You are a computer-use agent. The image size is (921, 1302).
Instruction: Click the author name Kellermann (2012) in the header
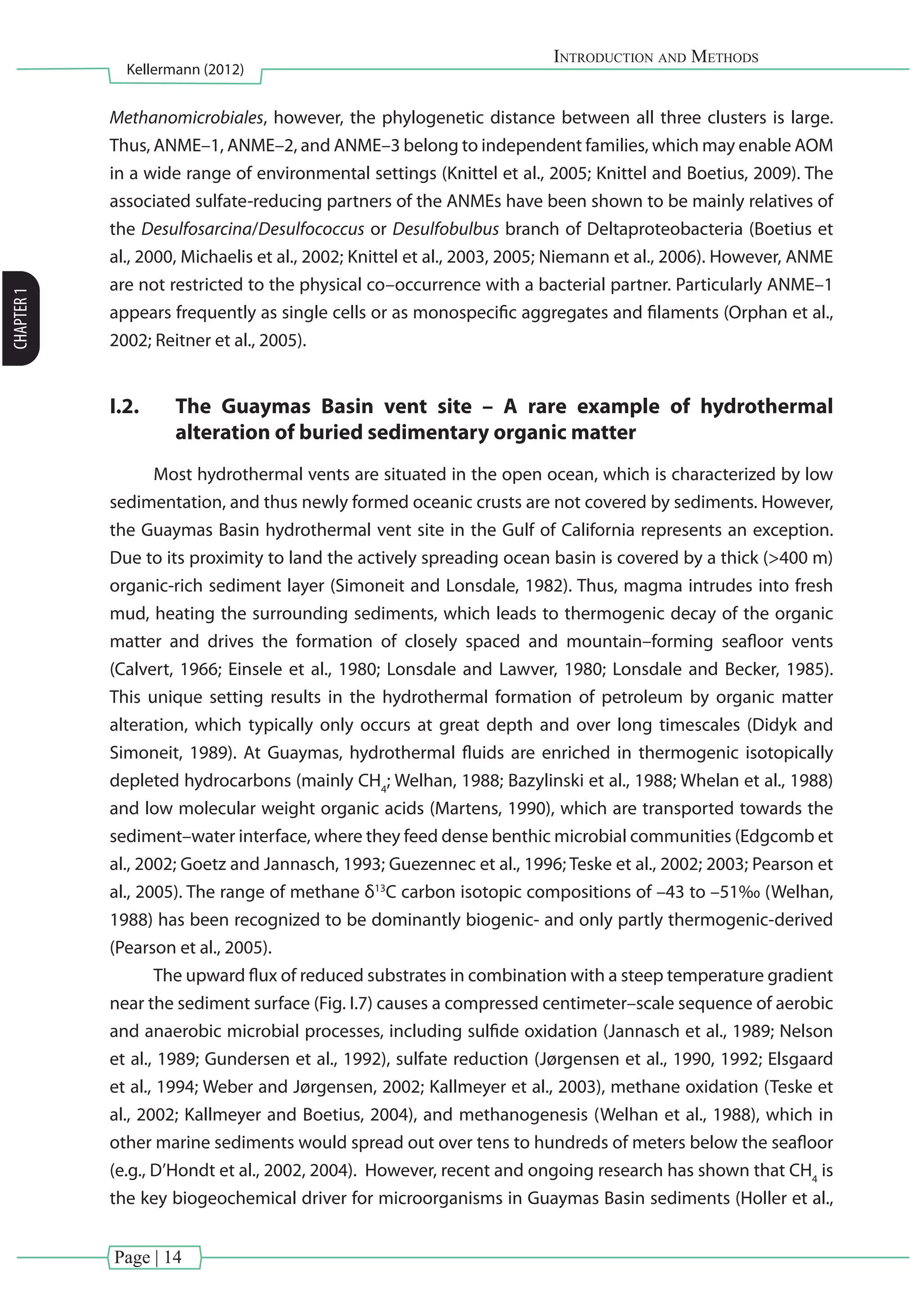[185, 70]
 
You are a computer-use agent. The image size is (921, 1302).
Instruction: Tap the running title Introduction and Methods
[656, 57]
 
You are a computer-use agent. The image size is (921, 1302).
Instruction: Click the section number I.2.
[124, 406]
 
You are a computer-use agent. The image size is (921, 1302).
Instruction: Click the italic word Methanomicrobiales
[187, 117]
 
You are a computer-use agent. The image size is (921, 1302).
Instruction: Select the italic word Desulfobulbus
[445, 229]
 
